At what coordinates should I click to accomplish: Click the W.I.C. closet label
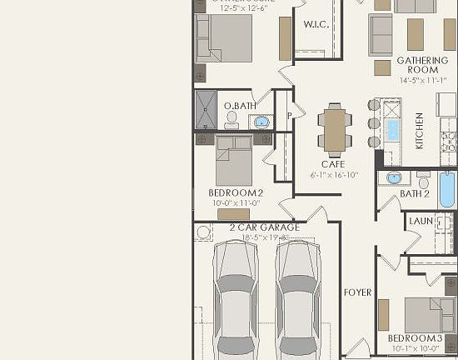pos(316,24)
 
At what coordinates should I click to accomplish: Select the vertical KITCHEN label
pos(420,130)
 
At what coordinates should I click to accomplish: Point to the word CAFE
pos(333,164)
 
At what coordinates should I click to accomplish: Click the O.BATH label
pos(240,106)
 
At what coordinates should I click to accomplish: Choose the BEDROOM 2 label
pos(235,192)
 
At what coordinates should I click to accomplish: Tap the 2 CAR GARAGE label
pos(264,227)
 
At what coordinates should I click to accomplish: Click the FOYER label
pos(357,292)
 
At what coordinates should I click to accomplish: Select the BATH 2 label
pos(414,193)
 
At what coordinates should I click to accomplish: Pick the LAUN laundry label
pos(421,221)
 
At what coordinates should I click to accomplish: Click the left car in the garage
pos(235,300)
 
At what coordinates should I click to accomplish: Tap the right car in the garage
pos(298,300)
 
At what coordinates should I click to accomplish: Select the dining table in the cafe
pos(336,129)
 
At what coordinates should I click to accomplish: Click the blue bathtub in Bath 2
pos(447,190)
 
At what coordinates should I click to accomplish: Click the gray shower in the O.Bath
pos(206,110)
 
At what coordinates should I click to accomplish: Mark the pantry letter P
pos(288,116)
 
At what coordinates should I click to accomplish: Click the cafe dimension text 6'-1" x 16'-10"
pos(334,175)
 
